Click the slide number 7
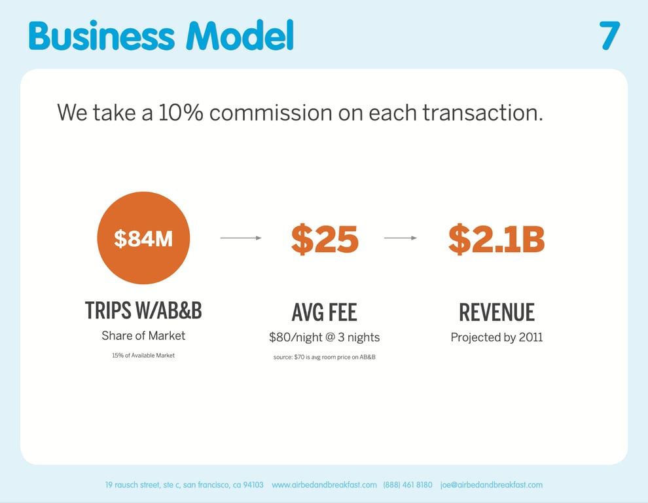tap(609, 36)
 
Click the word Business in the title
tap(101, 35)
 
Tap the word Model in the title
tap(240, 35)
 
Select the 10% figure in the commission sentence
tap(181, 113)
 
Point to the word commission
tap(271, 113)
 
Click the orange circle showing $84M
tap(143, 238)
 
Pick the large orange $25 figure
tap(325, 239)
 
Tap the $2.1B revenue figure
tap(496, 239)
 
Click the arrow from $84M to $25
tap(241, 238)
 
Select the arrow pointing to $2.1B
tap(401, 238)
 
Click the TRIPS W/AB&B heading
tap(143, 310)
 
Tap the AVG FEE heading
tap(325, 312)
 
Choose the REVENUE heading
tap(497, 312)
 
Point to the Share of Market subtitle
tap(143, 335)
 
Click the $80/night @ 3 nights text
tap(325, 337)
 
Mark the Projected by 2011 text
tap(497, 337)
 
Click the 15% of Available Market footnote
tap(143, 356)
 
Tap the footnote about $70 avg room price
tap(325, 357)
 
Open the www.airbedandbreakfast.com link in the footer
tap(325, 485)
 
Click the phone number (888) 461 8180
tap(408, 485)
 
